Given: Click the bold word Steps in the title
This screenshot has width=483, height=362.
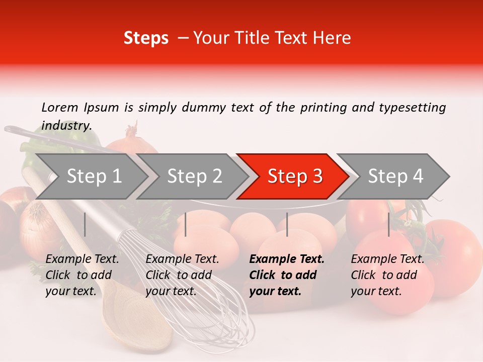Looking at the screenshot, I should tap(146, 38).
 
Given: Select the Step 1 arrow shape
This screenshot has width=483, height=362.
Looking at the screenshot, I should tap(91, 176).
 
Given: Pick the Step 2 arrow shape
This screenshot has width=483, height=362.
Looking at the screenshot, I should tap(194, 176).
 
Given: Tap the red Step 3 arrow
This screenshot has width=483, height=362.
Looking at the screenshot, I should tap(294, 176).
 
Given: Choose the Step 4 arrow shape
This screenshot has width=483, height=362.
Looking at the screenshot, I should tap(395, 176).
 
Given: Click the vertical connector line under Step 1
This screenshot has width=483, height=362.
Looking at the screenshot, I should tap(85, 224).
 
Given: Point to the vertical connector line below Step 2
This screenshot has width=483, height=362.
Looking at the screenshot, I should tap(186, 224).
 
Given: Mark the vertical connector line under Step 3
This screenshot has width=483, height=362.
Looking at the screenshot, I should tap(287, 224).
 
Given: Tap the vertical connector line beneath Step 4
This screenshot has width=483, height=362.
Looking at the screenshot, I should tap(389, 224).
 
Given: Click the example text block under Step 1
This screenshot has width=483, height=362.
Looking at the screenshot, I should tap(82, 275).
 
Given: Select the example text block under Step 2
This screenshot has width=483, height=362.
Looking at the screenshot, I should tap(182, 275).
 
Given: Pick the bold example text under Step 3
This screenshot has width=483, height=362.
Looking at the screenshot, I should tap(287, 275).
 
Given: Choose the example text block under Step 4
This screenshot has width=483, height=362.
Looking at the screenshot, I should tap(387, 275).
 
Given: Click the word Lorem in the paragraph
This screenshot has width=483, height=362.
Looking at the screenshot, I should tap(60, 107).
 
